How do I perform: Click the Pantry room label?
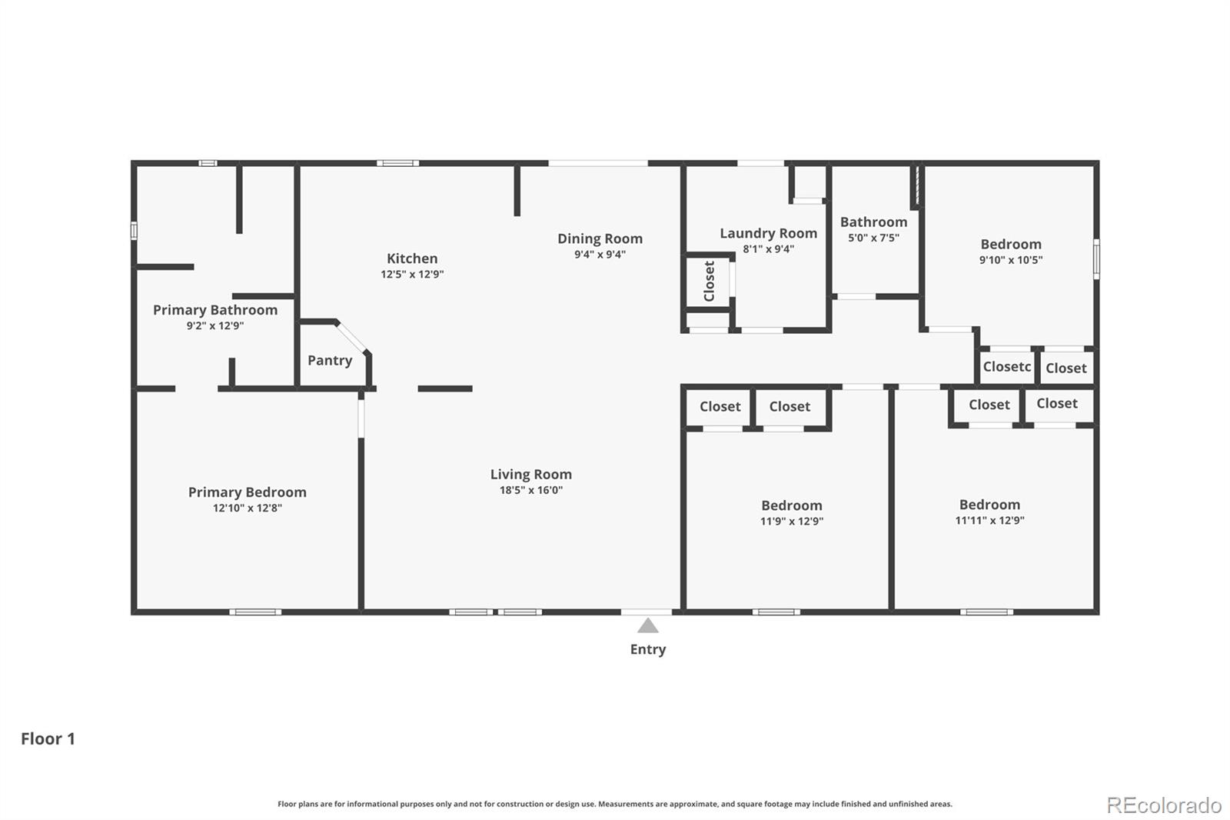pyautogui.click(x=330, y=361)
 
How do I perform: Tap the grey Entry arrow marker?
pyautogui.click(x=648, y=625)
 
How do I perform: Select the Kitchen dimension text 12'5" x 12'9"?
pyautogui.click(x=412, y=274)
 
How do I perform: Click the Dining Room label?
pyautogui.click(x=600, y=238)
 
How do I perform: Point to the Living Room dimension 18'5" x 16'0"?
pyautogui.click(x=531, y=490)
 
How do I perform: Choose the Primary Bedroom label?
pyautogui.click(x=247, y=492)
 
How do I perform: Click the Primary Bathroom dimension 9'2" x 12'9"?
pyautogui.click(x=214, y=325)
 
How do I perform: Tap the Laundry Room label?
pyautogui.click(x=768, y=234)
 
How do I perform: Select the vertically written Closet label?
pyautogui.click(x=709, y=282)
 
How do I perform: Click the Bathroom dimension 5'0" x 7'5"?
pyautogui.click(x=873, y=238)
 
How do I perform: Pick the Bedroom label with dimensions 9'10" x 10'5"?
pyautogui.click(x=1010, y=244)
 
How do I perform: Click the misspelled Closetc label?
pyautogui.click(x=1006, y=367)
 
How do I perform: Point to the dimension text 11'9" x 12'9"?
pyautogui.click(x=791, y=521)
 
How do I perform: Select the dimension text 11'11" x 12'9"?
pyautogui.click(x=989, y=520)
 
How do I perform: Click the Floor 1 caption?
pyautogui.click(x=48, y=738)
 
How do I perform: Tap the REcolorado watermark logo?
pyautogui.click(x=1163, y=805)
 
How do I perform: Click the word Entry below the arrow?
pyautogui.click(x=648, y=650)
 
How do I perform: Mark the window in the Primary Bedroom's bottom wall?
pyautogui.click(x=255, y=612)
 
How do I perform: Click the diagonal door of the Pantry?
pyautogui.click(x=351, y=337)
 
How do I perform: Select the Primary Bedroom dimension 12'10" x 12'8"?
pyautogui.click(x=247, y=508)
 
